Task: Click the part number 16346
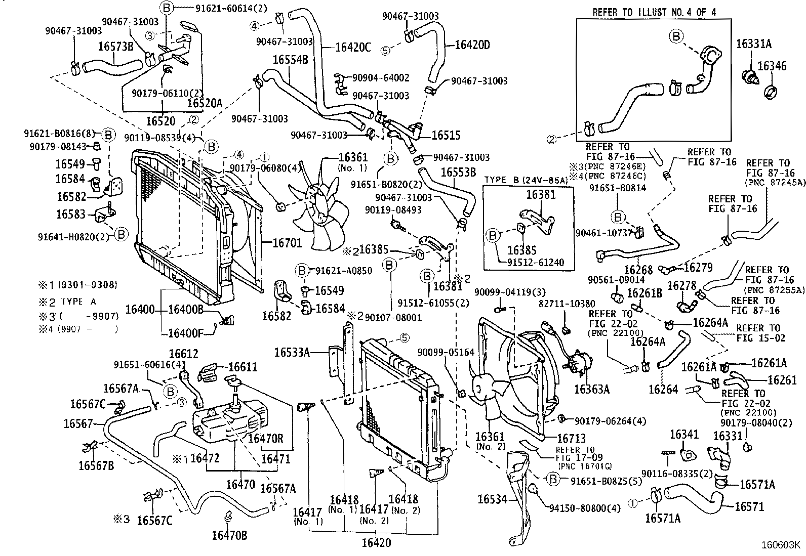[x=772, y=66]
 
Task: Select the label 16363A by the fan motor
[x=591, y=389]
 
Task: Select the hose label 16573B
[x=115, y=46]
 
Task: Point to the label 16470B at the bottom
[x=229, y=536]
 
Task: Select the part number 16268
[x=638, y=270]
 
